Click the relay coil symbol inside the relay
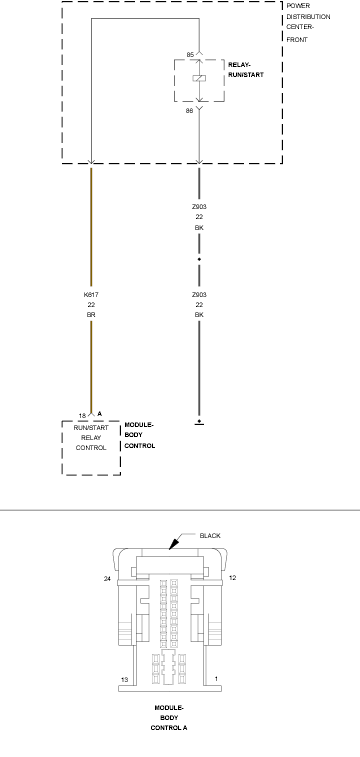click(x=199, y=78)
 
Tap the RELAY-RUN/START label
click(x=246, y=70)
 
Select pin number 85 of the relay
click(x=190, y=55)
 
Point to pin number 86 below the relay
click(x=189, y=111)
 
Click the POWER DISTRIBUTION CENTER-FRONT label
click(x=308, y=23)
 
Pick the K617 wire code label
click(x=91, y=294)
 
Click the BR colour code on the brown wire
click(x=91, y=315)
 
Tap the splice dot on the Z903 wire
click(x=199, y=259)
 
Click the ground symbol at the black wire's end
click(x=199, y=422)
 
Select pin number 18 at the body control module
click(x=82, y=416)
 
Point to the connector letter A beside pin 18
click(x=99, y=414)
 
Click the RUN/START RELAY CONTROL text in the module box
click(x=91, y=437)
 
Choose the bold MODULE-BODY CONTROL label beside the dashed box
click(x=140, y=435)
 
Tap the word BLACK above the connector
click(x=210, y=535)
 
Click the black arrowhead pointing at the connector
click(x=173, y=544)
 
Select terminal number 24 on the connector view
click(x=107, y=578)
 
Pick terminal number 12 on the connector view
click(x=232, y=577)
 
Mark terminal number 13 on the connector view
click(x=125, y=680)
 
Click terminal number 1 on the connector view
click(x=216, y=679)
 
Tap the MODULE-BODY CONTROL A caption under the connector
click(x=169, y=717)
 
